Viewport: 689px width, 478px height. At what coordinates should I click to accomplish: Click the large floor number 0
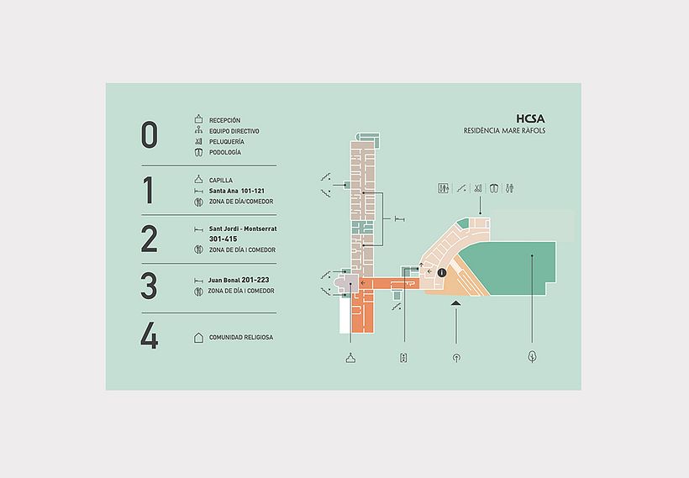point(149,134)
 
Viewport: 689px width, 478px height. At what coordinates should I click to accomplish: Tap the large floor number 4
point(150,338)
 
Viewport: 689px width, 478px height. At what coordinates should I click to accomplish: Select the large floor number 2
point(150,239)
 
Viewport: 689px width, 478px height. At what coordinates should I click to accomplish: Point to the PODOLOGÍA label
point(225,153)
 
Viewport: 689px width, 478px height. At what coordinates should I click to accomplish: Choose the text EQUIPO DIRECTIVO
point(234,132)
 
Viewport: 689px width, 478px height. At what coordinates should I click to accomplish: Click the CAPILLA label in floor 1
point(221,181)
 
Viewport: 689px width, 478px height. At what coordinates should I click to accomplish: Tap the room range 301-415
point(223,239)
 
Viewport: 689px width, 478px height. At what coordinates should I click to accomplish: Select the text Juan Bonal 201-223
point(239,280)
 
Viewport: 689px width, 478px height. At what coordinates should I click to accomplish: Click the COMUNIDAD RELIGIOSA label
point(241,338)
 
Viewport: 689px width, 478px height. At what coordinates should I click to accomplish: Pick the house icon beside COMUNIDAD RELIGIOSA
point(198,338)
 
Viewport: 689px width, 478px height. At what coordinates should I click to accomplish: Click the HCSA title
point(533,119)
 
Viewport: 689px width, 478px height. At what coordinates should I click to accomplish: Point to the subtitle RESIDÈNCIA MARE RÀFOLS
point(504,131)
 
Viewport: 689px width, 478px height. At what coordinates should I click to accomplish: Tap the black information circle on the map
point(441,272)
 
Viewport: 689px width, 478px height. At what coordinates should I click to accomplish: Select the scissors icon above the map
point(476,188)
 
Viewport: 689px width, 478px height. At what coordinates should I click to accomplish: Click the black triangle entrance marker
point(455,313)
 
